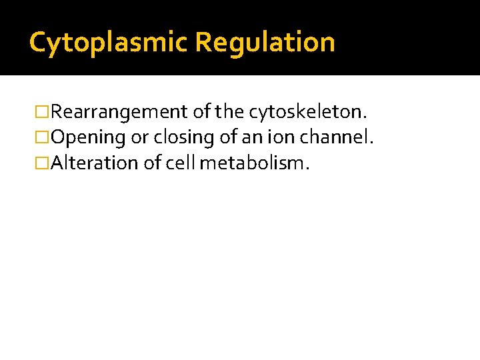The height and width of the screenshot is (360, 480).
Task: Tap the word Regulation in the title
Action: pos(265,43)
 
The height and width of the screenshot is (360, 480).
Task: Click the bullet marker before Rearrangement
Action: pos(43,112)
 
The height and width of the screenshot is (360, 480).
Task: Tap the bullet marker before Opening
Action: pos(43,138)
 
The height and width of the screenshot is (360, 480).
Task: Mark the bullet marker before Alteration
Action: pos(43,163)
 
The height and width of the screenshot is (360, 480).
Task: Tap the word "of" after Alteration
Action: pos(153,163)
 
